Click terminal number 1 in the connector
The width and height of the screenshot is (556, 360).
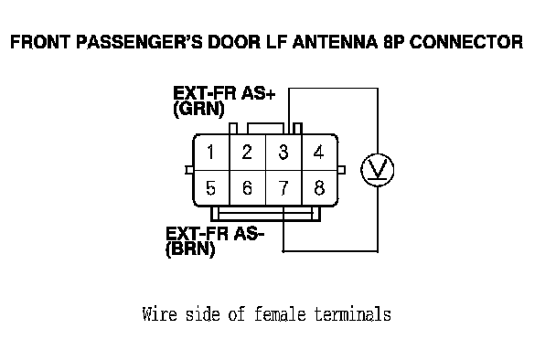(x=210, y=152)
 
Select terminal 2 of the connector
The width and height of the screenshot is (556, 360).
(x=247, y=152)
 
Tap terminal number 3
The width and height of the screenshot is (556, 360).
(x=283, y=152)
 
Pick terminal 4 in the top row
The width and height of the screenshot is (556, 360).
(x=319, y=152)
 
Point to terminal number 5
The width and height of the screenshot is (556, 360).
(x=210, y=188)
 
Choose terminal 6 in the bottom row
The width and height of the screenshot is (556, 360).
(x=247, y=188)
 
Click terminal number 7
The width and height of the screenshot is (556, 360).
(x=283, y=188)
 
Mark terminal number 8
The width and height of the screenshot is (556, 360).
(x=319, y=188)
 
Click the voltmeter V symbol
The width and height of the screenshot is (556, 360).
(x=378, y=170)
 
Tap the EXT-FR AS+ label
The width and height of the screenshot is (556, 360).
(x=224, y=93)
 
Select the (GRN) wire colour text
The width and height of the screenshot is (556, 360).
(x=199, y=109)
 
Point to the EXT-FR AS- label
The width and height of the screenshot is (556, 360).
(x=215, y=234)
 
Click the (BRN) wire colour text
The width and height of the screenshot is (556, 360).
(x=190, y=249)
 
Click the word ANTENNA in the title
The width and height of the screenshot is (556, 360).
(x=335, y=42)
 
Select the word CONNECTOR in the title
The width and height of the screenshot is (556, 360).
(x=466, y=42)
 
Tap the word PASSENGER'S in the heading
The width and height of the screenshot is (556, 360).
(x=139, y=42)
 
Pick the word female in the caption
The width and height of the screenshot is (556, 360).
(x=280, y=314)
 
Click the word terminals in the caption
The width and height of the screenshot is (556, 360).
(x=353, y=314)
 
